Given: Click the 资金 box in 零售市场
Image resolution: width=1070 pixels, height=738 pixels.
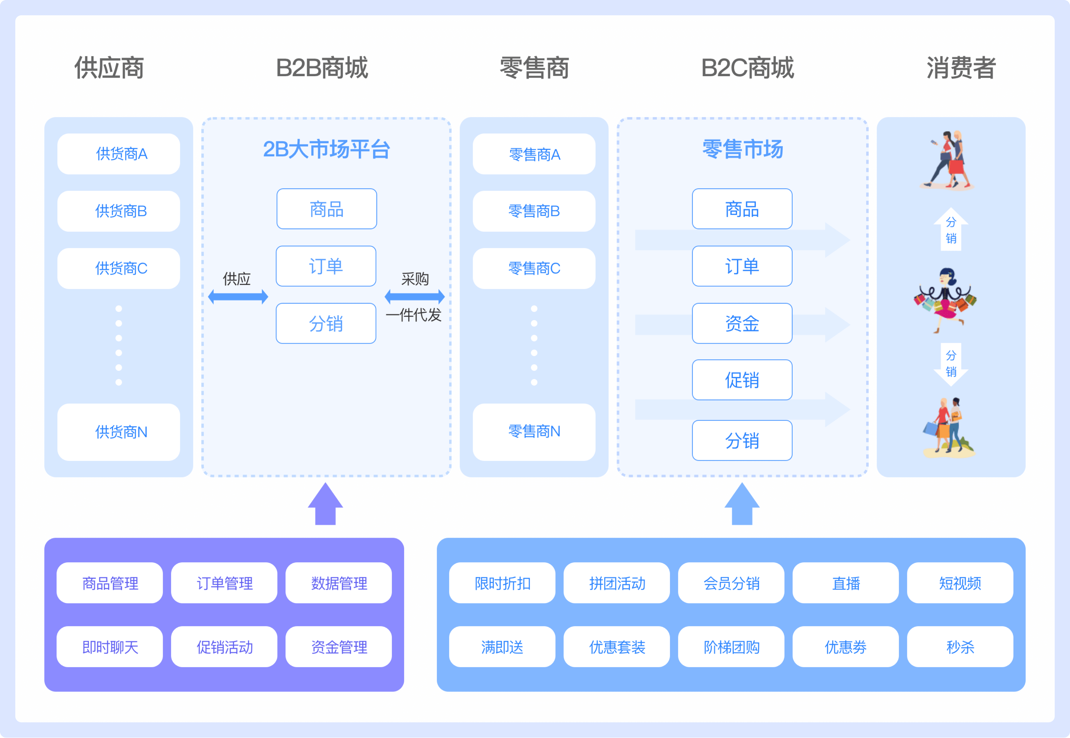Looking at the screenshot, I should click(742, 323).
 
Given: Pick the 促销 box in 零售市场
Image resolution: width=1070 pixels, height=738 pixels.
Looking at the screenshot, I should click(742, 380).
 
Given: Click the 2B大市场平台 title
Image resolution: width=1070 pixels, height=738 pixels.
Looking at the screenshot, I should click(327, 149).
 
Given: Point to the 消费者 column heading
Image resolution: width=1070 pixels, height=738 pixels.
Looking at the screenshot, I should click(961, 68).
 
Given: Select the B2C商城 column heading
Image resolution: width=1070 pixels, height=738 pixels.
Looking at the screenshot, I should click(747, 68).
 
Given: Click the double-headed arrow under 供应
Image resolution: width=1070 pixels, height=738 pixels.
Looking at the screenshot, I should click(238, 296).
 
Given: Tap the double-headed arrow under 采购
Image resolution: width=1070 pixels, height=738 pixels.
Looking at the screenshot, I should click(414, 296).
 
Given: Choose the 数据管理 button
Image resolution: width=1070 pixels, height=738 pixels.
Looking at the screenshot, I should click(339, 583).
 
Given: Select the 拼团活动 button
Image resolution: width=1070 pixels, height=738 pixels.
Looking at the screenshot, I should click(616, 583).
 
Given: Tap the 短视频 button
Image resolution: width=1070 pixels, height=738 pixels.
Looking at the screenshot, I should click(960, 583).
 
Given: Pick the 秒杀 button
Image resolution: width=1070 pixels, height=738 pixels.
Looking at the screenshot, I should click(960, 647).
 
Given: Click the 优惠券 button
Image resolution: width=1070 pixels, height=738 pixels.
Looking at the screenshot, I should click(845, 647).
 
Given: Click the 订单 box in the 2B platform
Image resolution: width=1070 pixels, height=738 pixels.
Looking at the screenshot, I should click(326, 266).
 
